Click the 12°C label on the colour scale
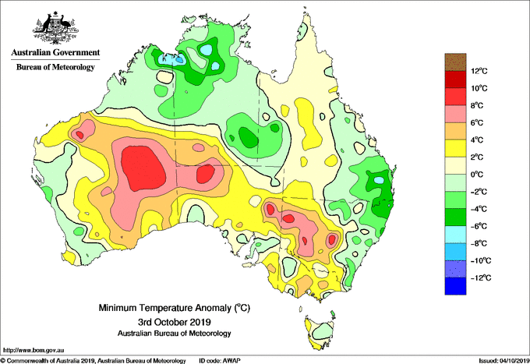[x=479, y=71]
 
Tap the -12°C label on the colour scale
[x=481, y=277]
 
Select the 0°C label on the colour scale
[x=477, y=175]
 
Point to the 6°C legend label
[x=477, y=122]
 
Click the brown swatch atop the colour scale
[x=455, y=62]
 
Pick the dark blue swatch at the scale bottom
[x=455, y=286]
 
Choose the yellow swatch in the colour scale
[x=455, y=148]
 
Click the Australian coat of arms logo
[x=56, y=28]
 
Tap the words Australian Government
[x=55, y=52]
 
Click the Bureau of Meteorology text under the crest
[x=55, y=67]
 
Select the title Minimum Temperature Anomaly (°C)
[x=175, y=308]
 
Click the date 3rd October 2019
[x=175, y=321]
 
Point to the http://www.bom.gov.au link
[x=34, y=350]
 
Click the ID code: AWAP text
[x=220, y=361]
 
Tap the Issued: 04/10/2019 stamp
[x=503, y=361]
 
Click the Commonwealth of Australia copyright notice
[x=94, y=361]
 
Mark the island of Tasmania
[x=320, y=331]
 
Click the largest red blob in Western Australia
[x=143, y=168]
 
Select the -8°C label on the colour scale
[x=479, y=243]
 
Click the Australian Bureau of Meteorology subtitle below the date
[x=175, y=334]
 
